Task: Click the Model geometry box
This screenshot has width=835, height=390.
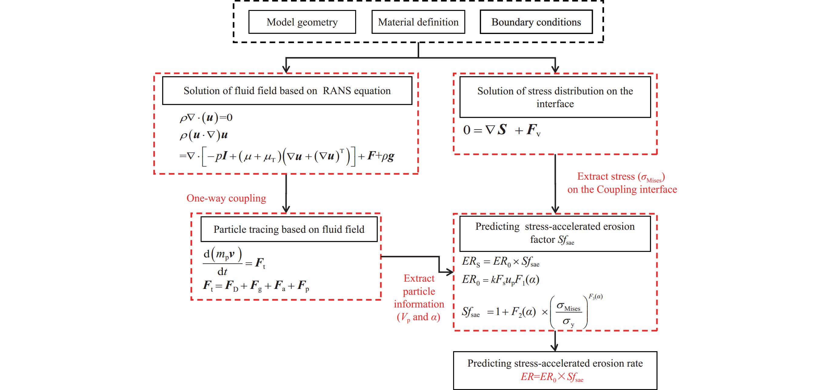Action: tap(302, 22)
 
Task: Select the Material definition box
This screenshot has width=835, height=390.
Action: tap(418, 22)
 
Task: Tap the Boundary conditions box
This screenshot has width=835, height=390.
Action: tap(536, 22)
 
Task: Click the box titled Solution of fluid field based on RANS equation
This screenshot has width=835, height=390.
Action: tap(287, 91)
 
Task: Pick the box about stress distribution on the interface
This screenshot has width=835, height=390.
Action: tap(555, 97)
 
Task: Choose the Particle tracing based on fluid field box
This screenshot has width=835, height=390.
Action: tap(289, 229)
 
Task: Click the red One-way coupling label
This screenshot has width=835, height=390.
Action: tap(226, 198)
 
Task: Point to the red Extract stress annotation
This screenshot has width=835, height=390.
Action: tap(622, 183)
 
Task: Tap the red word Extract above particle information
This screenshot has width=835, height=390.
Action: tap(419, 278)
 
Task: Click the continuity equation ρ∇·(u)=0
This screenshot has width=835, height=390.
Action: tap(206, 117)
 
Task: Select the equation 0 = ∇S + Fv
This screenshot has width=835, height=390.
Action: tap(502, 130)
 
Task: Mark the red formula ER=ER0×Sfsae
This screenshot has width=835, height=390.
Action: tap(552, 377)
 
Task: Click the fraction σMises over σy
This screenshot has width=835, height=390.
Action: tap(569, 314)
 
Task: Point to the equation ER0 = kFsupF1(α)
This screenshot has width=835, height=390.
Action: tap(500, 280)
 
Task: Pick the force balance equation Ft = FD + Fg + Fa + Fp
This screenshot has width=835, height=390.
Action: tap(256, 286)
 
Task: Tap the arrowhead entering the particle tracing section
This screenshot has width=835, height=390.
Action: tap(286, 209)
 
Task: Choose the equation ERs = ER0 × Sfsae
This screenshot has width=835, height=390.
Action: tap(500, 262)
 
